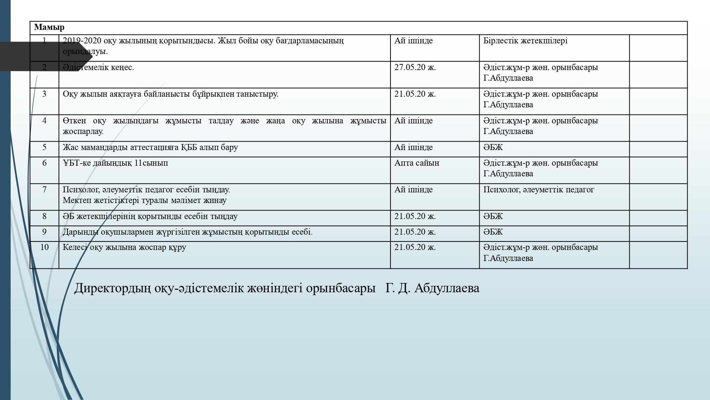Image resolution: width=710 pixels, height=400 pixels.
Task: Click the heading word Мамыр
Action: click(x=49, y=27)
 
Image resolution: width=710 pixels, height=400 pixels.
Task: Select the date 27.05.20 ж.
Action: click(x=415, y=68)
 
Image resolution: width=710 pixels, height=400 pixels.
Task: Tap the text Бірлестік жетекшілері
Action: click(x=525, y=41)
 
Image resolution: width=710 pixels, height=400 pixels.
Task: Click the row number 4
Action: click(x=44, y=121)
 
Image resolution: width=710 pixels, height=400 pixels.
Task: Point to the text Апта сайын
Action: click(x=416, y=163)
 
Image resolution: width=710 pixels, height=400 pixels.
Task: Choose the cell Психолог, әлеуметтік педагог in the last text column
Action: click(x=538, y=190)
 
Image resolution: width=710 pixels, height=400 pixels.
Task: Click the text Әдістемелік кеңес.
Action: click(x=98, y=68)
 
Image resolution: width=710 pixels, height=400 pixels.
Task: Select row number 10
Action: click(x=44, y=247)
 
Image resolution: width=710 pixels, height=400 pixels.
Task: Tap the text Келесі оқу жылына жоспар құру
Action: click(x=124, y=247)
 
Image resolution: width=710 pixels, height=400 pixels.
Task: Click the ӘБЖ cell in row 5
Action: click(x=493, y=148)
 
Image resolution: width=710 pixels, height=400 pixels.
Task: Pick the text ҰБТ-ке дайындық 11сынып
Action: click(x=115, y=163)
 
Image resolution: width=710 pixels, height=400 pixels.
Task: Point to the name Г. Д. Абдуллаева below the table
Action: click(x=432, y=288)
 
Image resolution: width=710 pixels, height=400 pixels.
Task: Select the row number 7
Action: click(x=44, y=190)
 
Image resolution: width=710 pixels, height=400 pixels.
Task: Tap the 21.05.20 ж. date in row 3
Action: click(x=415, y=94)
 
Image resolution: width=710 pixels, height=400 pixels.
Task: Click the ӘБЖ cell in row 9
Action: click(x=493, y=232)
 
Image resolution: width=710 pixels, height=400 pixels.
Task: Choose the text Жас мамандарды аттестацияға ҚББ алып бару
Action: click(x=150, y=148)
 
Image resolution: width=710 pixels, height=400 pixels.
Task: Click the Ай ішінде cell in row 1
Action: click(x=413, y=41)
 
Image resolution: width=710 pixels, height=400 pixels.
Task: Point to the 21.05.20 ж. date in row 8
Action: click(x=415, y=217)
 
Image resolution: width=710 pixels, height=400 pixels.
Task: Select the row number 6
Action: click(x=44, y=163)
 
